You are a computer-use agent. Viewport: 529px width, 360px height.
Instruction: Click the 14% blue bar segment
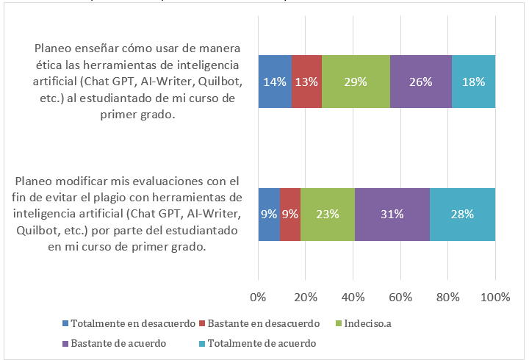click(x=275, y=82)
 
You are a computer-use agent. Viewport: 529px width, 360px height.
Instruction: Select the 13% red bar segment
click(x=306, y=82)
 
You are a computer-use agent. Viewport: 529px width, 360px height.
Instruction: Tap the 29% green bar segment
click(x=356, y=82)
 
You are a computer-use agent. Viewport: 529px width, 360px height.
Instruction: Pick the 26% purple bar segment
click(x=420, y=82)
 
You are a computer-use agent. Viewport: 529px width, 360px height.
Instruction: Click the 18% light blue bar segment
click(x=473, y=82)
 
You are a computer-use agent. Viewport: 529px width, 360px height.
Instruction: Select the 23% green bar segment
click(x=328, y=215)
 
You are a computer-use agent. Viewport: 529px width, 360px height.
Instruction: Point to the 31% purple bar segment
click(x=392, y=215)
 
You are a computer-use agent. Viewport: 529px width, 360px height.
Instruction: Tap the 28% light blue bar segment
click(x=462, y=215)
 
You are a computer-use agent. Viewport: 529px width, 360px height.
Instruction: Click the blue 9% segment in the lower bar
click(x=269, y=215)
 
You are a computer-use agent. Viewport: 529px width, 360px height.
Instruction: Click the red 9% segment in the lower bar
click(x=290, y=215)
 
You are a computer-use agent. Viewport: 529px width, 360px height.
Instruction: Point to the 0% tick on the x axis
click(x=258, y=297)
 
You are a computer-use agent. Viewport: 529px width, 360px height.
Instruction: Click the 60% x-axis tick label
click(x=400, y=297)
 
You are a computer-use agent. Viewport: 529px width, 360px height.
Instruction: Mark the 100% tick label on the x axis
click(x=495, y=297)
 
